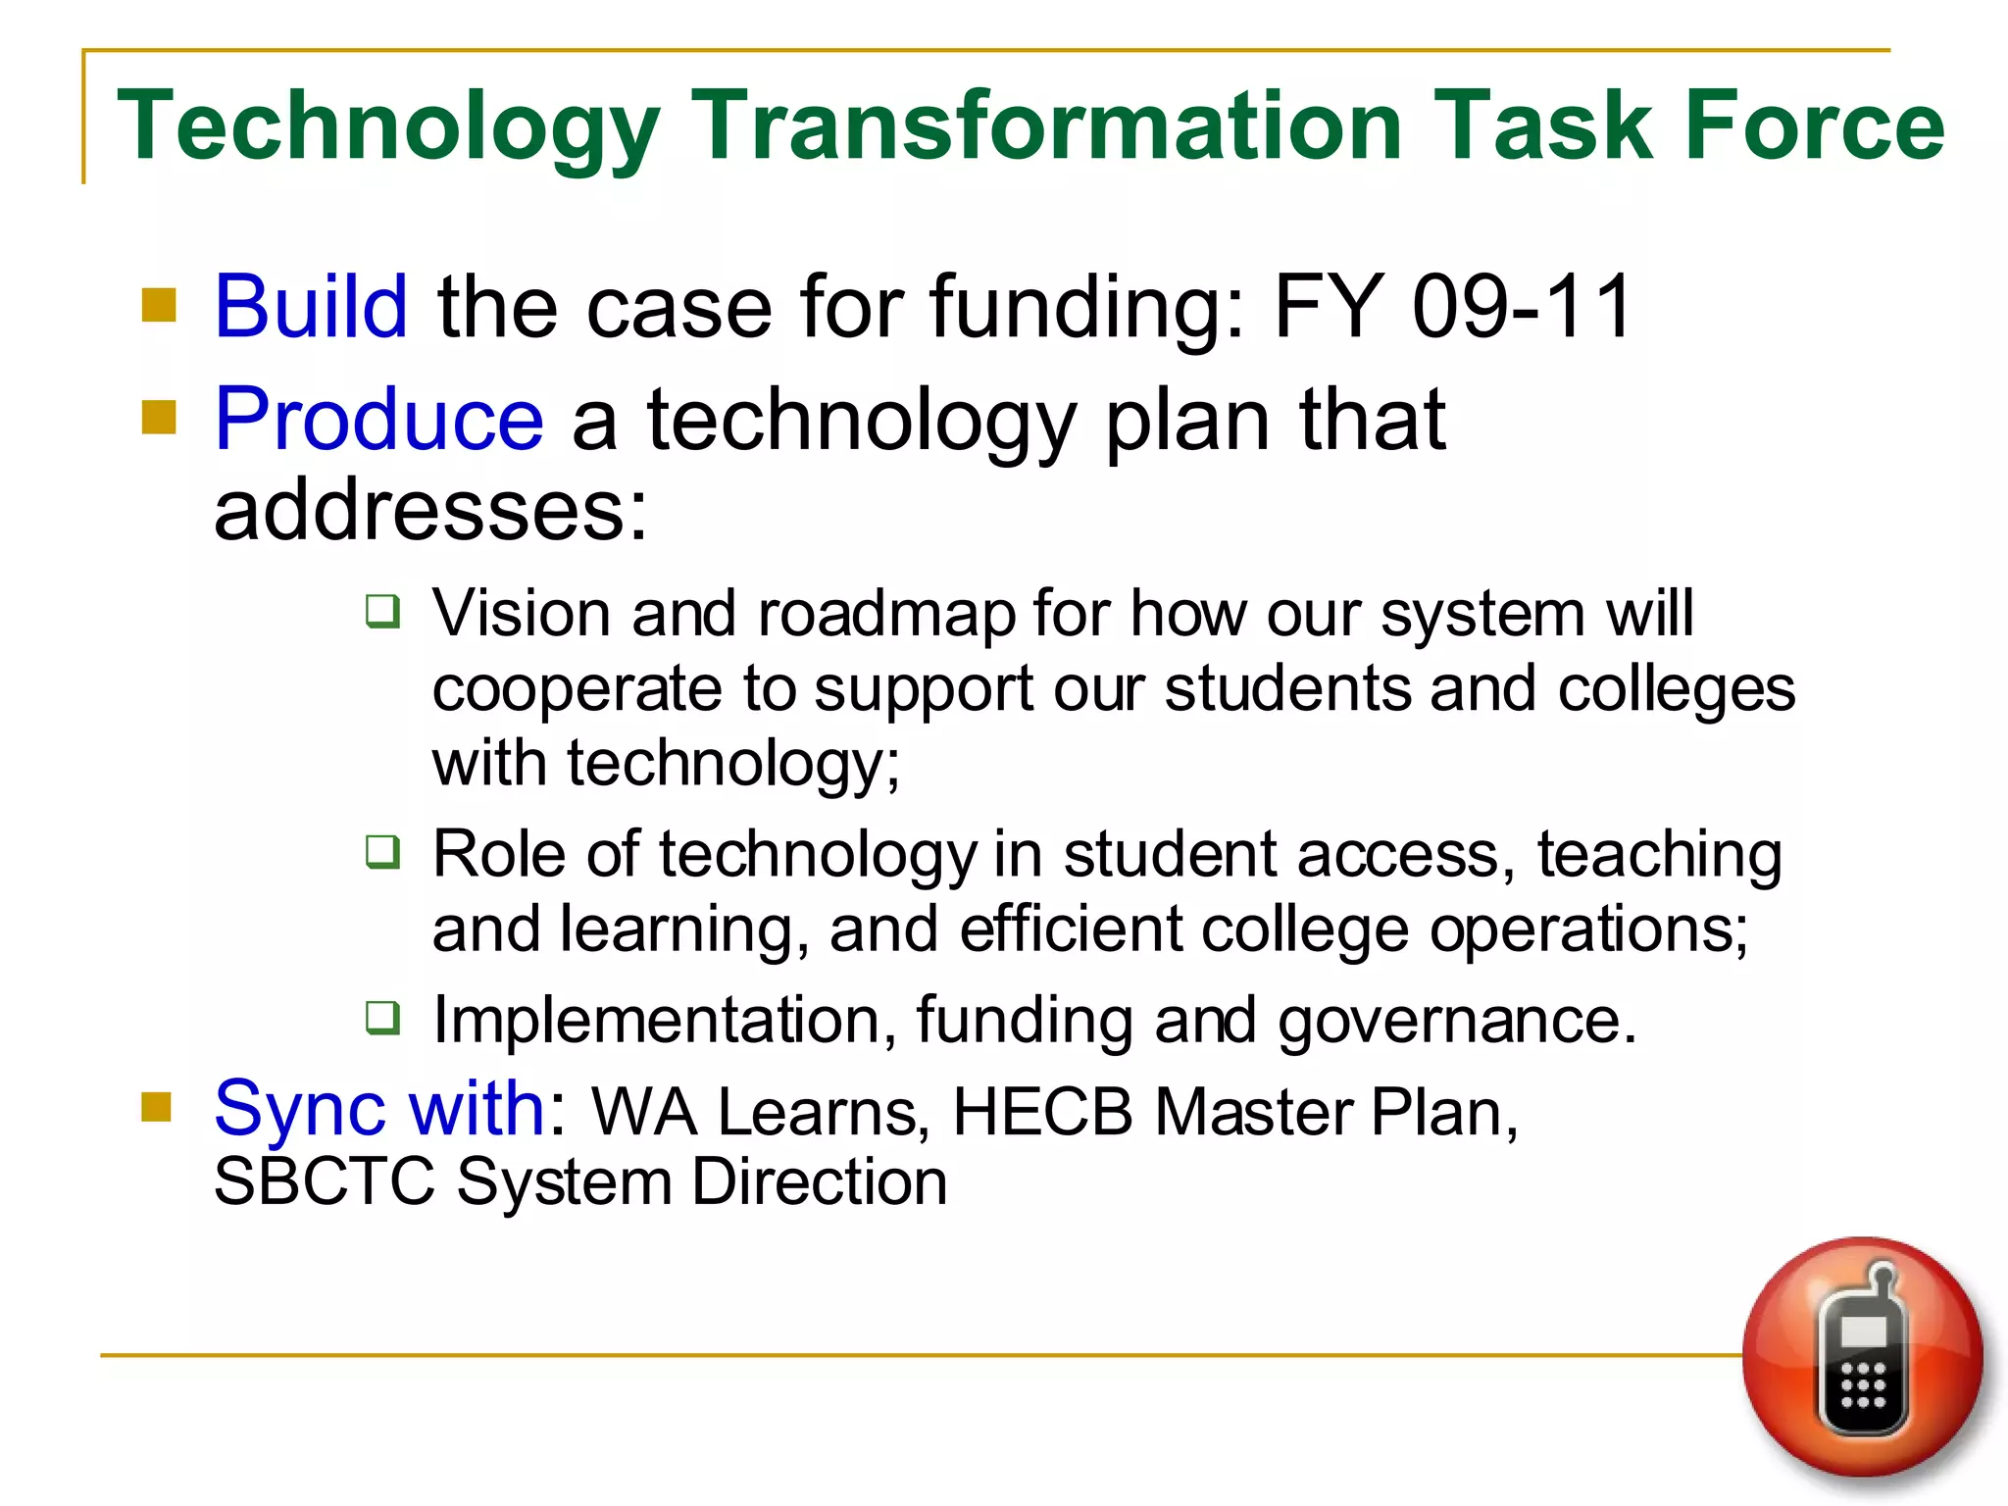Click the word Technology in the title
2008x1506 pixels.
[388, 125]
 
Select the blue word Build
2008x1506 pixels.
[310, 307]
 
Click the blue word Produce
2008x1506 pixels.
[378, 420]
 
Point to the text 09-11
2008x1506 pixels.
[1521, 307]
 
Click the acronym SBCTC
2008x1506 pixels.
[324, 1182]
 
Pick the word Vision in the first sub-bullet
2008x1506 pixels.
[521, 615]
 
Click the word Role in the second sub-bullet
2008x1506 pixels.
[497, 854]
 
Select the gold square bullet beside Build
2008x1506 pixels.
[159, 305]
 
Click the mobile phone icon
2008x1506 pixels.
[1862, 1358]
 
